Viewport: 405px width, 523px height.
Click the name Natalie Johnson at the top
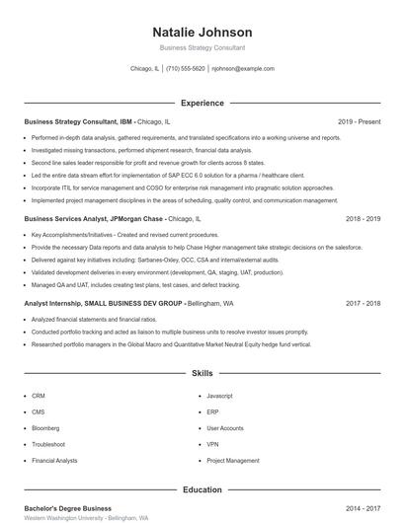(202, 33)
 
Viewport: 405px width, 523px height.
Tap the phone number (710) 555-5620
(186, 69)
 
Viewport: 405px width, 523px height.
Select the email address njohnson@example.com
(243, 69)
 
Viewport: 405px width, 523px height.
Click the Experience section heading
(202, 103)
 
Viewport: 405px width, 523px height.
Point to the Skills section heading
(202, 374)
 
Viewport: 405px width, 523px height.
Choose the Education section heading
(202, 489)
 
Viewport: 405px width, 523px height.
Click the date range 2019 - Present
(359, 121)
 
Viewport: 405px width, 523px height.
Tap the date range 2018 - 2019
(364, 218)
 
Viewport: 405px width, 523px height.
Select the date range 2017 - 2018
(364, 304)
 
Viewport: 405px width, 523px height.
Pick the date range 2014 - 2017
(364, 507)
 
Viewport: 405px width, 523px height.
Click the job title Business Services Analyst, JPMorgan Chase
(94, 218)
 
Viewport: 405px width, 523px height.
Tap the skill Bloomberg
(45, 428)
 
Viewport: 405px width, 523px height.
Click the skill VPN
(213, 444)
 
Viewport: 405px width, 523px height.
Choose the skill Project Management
(232, 461)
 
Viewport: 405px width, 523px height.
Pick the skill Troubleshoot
(47, 444)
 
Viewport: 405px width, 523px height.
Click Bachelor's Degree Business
(67, 507)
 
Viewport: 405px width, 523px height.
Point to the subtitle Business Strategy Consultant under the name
(202, 47)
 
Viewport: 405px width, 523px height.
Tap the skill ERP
(213, 411)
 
